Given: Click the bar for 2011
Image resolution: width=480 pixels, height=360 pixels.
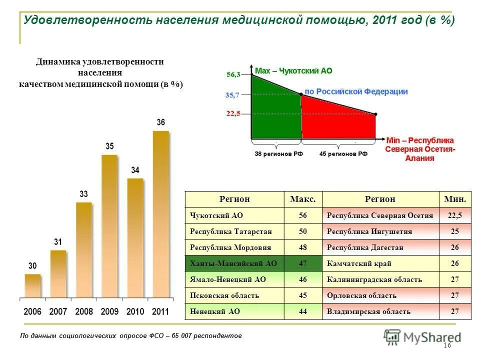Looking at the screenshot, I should pyautogui.click(x=160, y=215).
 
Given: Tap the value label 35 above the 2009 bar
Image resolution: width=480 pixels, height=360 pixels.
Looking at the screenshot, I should pyautogui.click(x=109, y=146).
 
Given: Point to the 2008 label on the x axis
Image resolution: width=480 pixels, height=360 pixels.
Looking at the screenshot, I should pyautogui.click(x=84, y=311).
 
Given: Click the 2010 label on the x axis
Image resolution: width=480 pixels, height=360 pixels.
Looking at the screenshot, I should pyautogui.click(x=135, y=311).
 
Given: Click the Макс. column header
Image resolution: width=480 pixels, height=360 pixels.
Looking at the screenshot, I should pyautogui.click(x=303, y=199).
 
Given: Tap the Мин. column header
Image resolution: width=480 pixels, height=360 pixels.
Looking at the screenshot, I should pyautogui.click(x=454, y=199).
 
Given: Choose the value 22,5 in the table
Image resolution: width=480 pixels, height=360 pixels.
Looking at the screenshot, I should pyautogui.click(x=454, y=215).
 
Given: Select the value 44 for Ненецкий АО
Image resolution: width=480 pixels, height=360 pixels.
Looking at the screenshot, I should pyautogui.click(x=303, y=311).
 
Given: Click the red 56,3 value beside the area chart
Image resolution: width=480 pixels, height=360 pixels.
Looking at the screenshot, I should pyautogui.click(x=233, y=74).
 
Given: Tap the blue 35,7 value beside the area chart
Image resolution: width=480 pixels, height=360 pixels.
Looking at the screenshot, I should pyautogui.click(x=233, y=94).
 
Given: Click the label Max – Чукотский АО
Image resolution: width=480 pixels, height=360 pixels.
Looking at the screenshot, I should pyautogui.click(x=293, y=71).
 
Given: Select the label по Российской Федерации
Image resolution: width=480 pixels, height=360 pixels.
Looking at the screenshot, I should pyautogui.click(x=356, y=91).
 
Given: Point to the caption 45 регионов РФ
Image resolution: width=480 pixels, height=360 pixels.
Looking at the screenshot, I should pyautogui.click(x=343, y=154).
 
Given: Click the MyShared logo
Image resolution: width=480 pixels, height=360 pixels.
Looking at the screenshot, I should pyautogui.click(x=422, y=337).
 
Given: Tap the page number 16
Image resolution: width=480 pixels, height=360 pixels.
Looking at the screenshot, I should pyautogui.click(x=447, y=346).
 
